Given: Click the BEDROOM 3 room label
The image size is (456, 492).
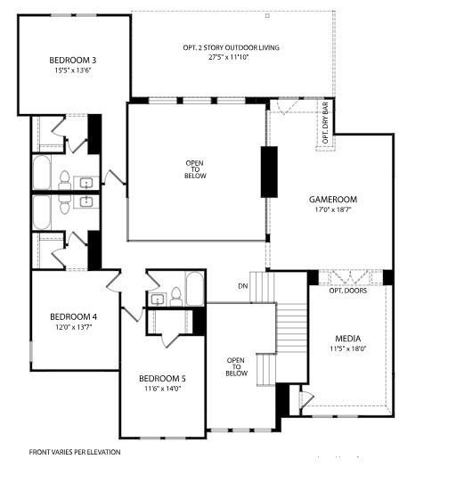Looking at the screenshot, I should point(72,61).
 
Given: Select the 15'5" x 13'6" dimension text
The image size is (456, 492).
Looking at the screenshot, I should point(72,70).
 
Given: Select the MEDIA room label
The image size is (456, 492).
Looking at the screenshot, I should point(347,339).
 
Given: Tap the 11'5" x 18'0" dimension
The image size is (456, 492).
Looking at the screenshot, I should point(347,349).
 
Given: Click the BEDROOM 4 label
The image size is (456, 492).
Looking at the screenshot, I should point(73,316).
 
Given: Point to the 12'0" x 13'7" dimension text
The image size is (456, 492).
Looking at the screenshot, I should point(73,327).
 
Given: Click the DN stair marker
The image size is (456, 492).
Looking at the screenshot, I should point(243,286).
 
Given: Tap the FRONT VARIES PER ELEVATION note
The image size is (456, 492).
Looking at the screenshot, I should point(74,452).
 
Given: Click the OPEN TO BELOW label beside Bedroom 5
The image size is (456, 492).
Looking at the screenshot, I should point(235,367).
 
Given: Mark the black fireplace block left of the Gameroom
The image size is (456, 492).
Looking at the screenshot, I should point(268,171).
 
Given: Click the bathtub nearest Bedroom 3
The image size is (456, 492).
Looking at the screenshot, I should point(42,172).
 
